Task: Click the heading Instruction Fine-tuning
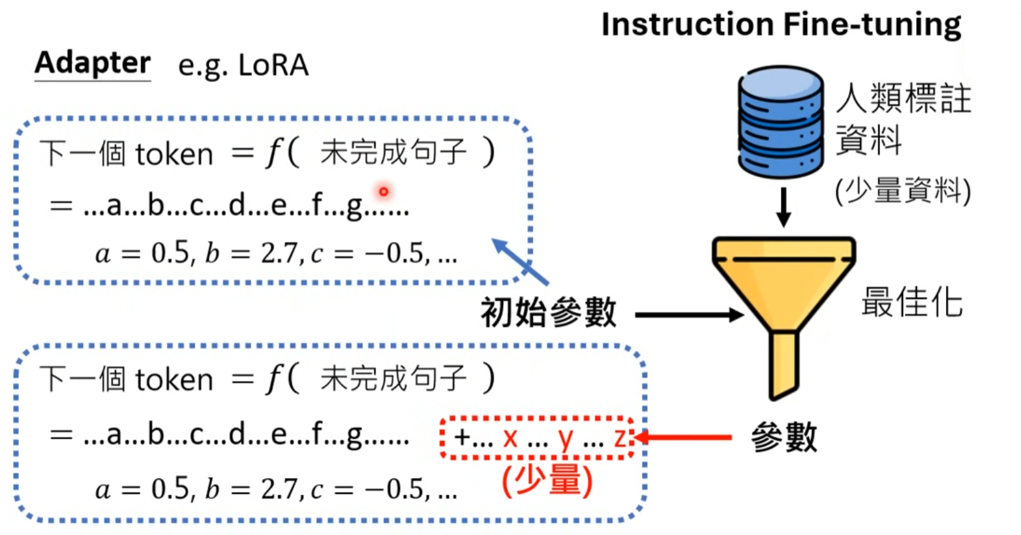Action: (781, 25)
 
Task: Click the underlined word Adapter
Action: (93, 63)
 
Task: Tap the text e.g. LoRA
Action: (243, 65)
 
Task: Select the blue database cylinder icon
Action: (780, 122)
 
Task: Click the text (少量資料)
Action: (903, 191)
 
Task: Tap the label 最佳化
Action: (911, 303)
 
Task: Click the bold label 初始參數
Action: (549, 312)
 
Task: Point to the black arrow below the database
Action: (784, 207)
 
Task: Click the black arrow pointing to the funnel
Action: (689, 315)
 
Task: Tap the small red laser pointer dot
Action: (384, 191)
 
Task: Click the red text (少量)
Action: (547, 481)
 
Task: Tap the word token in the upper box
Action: (174, 155)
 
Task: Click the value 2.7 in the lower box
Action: (279, 489)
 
